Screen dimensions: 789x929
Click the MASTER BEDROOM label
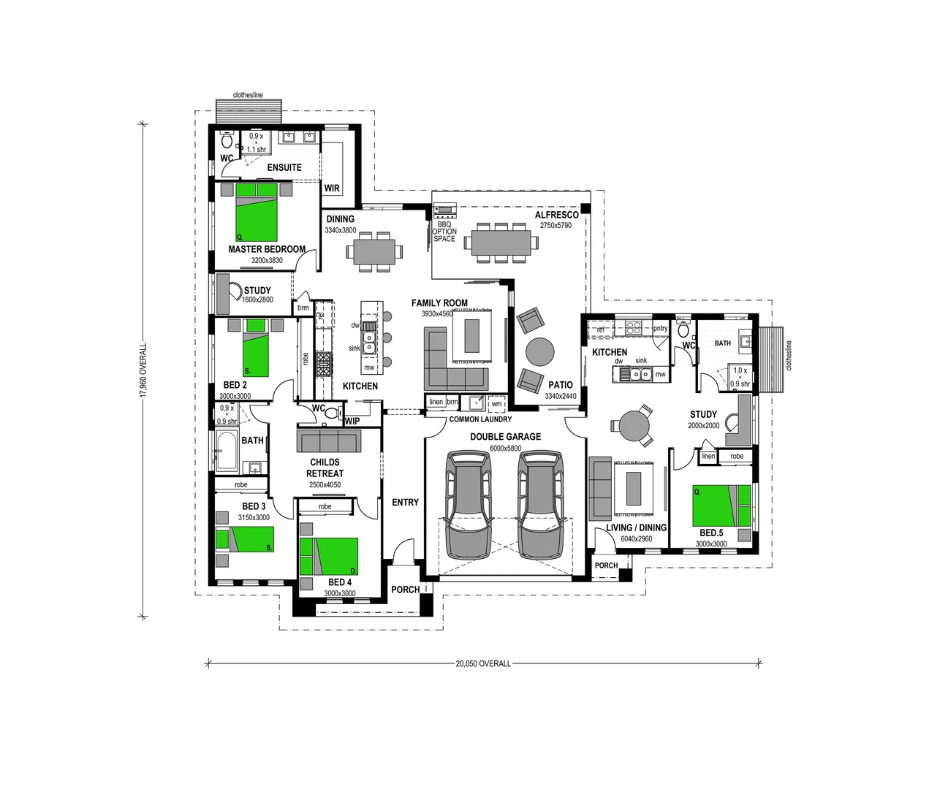(267, 249)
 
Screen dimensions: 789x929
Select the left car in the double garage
(468, 504)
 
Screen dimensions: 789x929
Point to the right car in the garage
(539, 504)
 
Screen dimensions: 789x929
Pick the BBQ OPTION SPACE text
(444, 232)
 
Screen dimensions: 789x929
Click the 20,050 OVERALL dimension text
(483, 664)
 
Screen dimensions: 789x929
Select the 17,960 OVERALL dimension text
(143, 370)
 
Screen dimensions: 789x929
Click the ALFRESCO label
(557, 215)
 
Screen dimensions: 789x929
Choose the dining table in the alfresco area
(501, 241)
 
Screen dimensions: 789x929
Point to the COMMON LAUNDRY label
(480, 420)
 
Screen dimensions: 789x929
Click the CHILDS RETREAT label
(325, 468)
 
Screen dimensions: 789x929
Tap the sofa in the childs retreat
(328, 441)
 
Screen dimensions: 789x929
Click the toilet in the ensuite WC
(227, 140)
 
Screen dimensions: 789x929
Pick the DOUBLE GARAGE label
(505, 437)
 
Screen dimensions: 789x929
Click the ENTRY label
(405, 502)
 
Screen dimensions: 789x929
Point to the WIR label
(332, 188)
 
